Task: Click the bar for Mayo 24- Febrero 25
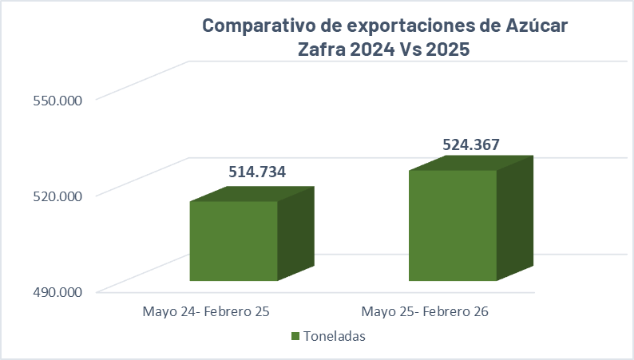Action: click(x=233, y=240)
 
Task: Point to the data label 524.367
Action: click(x=471, y=145)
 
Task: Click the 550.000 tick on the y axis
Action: click(x=57, y=101)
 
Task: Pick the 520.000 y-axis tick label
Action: click(x=57, y=196)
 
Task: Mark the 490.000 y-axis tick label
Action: click(x=57, y=292)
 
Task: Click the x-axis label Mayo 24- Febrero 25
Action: click(x=206, y=311)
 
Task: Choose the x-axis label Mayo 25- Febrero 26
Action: click(x=425, y=311)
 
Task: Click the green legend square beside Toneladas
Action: click(x=295, y=336)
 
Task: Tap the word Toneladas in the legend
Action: click(x=335, y=336)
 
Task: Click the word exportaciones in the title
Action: click(x=399, y=26)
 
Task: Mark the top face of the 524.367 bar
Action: click(x=471, y=163)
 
